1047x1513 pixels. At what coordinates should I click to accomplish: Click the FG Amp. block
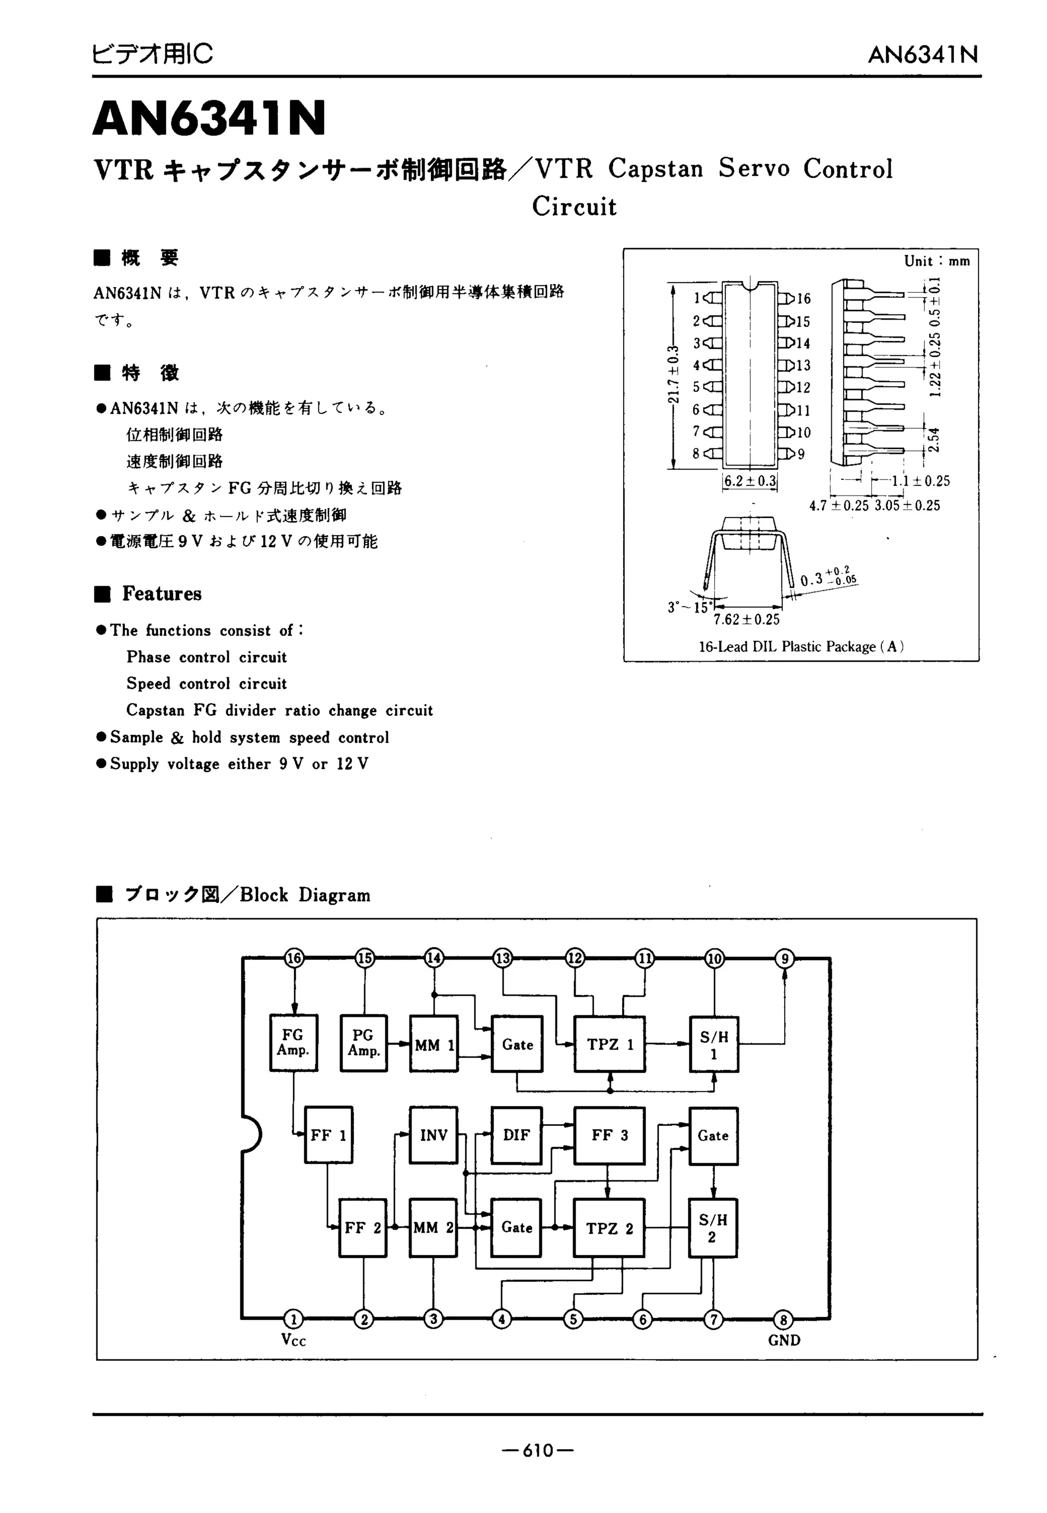click(x=293, y=1043)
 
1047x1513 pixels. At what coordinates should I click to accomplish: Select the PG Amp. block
click(x=363, y=1043)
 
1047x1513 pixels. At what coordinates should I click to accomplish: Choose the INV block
click(x=434, y=1135)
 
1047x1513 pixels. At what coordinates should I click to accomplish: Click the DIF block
click(x=516, y=1135)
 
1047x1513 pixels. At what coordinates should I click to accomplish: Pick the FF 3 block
click(x=609, y=1135)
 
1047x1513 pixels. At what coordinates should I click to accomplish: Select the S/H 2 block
click(x=713, y=1228)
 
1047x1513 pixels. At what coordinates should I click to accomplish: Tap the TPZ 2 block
click(x=609, y=1228)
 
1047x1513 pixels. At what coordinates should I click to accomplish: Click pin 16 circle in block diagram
click(x=294, y=959)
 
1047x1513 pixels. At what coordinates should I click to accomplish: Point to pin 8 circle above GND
click(x=783, y=1318)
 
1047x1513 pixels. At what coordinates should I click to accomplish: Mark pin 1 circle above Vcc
click(x=293, y=1318)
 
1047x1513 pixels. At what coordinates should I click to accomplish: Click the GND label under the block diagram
click(x=784, y=1341)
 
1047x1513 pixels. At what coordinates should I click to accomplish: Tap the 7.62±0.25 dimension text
click(x=746, y=619)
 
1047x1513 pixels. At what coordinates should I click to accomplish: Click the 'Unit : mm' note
click(x=936, y=261)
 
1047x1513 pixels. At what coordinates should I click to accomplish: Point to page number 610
click(x=538, y=1450)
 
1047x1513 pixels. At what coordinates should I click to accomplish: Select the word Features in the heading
click(x=162, y=594)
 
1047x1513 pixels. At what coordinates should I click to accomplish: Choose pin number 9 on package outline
click(x=801, y=454)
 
